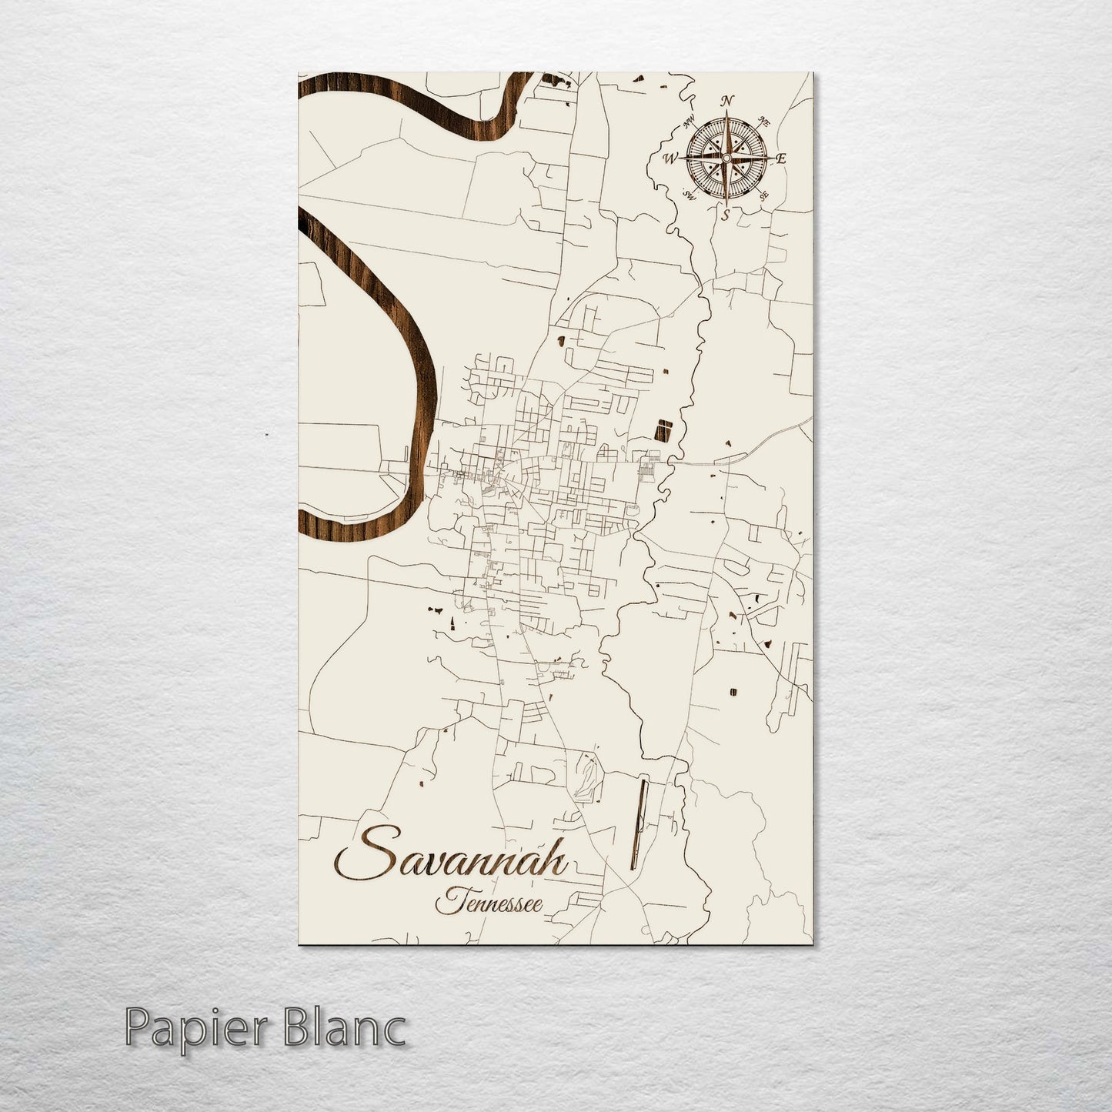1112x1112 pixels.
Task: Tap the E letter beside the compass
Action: click(780, 159)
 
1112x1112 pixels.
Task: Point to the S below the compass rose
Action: click(725, 215)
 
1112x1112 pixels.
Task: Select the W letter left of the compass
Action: click(670, 159)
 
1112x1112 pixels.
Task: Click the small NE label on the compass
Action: click(764, 121)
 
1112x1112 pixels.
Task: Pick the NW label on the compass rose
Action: click(689, 119)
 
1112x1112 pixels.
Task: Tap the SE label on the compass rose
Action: click(763, 197)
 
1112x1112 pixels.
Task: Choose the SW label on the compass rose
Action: click(690, 196)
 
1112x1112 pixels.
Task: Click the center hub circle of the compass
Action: click(726, 158)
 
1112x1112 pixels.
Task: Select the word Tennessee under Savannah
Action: click(489, 902)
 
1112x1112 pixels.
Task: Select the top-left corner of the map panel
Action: click(299, 74)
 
